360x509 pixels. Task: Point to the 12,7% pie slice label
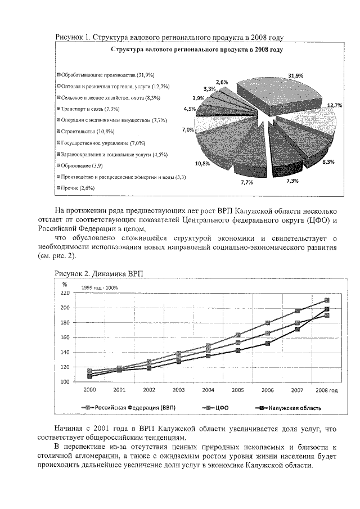pos(335,105)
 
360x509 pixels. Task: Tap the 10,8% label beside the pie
pos(202,164)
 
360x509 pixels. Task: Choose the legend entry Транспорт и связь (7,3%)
pos(89,109)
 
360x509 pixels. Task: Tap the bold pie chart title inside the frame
pos(196,50)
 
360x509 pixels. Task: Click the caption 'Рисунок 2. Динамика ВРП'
pos(99,273)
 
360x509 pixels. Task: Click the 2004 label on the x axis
pos(208,389)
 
